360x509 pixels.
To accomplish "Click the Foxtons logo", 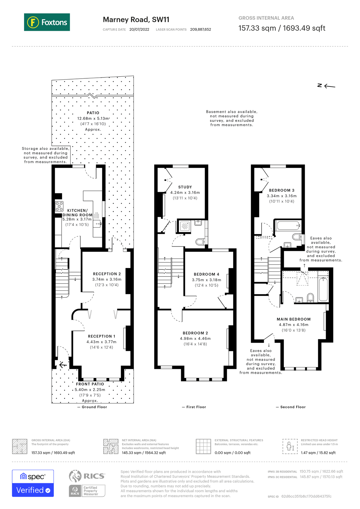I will coord(47,22).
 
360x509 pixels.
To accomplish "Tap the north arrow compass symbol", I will coord(326,86).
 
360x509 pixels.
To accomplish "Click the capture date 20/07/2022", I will coord(139,29).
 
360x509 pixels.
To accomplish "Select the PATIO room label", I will coord(93,113).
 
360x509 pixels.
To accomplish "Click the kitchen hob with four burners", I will coord(59,206).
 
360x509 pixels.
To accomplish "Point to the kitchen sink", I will coord(97,224).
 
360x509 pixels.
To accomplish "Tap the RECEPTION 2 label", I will coord(107,274).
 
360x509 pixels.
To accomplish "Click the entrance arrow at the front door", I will coord(63,365).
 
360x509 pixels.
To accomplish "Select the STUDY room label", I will coord(185,187).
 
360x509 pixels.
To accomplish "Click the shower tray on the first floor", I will coord(185,226).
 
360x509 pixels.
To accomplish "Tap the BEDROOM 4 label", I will coord(206,274).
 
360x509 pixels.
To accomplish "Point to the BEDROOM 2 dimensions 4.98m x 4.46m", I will coord(195,338).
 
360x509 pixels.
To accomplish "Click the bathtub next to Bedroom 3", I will coord(288,226).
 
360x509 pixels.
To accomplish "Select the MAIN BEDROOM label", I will coord(294,319).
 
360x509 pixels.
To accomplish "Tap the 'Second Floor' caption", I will coord(293,407).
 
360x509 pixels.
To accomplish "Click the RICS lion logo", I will coord(75,476).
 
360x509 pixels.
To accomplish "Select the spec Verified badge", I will coord(33,483).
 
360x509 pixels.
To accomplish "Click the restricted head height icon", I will coord(290,446).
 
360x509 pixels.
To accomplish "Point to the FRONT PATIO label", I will coord(90,384).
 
